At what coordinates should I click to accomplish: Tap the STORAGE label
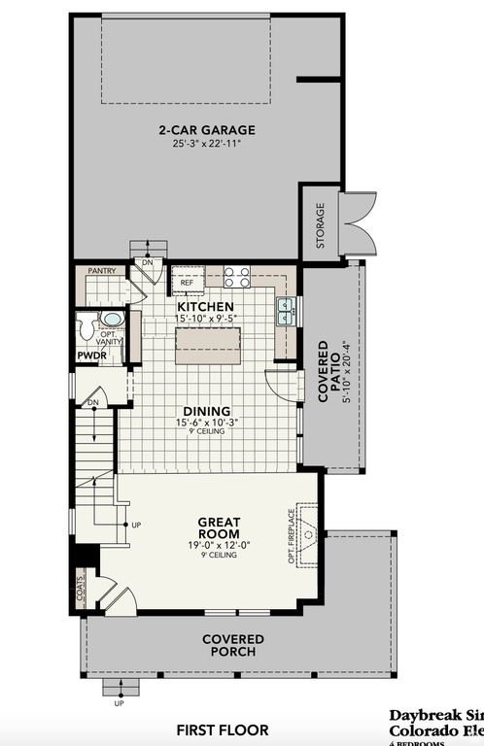coord(320,224)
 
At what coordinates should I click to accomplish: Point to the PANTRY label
coord(102,271)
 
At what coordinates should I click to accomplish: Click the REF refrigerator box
coord(187,282)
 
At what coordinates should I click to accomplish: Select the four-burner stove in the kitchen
coord(237,277)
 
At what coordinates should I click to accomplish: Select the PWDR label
coord(92,356)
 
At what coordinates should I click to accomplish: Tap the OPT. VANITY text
coord(114,336)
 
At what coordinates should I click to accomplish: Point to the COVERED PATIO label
coord(330,372)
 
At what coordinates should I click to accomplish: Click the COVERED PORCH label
coord(233,645)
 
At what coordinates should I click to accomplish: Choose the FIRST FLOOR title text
coord(223,729)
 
